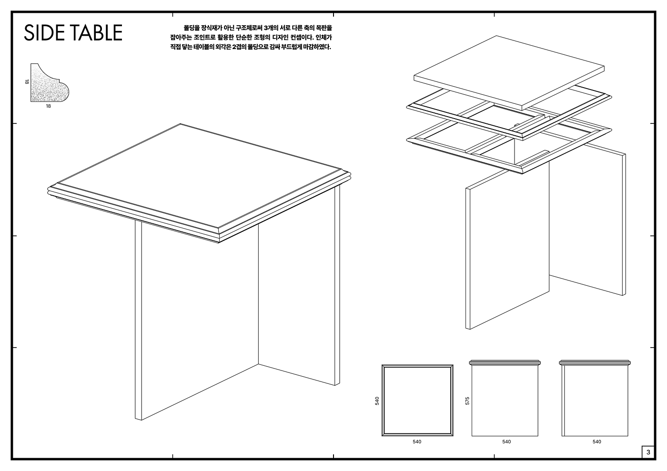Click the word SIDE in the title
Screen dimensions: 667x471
coord(44,32)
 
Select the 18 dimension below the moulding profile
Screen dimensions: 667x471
coord(48,106)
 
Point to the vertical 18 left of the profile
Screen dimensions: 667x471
coord(27,82)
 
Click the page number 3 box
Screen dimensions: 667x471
coord(648,452)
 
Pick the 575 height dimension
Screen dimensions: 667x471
coord(467,401)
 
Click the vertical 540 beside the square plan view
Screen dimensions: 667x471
coord(377,401)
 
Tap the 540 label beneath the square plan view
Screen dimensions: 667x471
coord(417,442)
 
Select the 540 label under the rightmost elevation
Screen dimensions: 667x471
coord(596,442)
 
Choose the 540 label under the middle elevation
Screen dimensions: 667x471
coord(506,442)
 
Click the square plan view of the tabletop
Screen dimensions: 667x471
coord(417,401)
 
